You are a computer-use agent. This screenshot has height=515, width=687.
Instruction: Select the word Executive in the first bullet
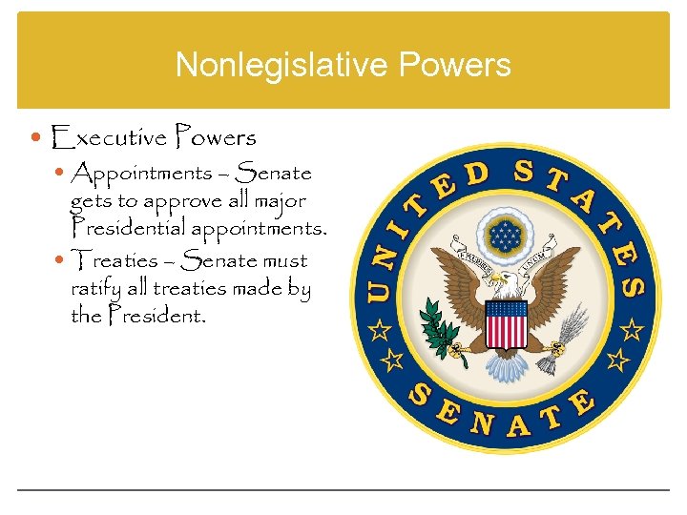pyautogui.click(x=109, y=138)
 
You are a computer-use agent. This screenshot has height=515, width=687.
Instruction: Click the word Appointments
pyautogui.click(x=141, y=174)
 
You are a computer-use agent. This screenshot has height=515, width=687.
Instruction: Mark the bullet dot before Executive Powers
pyautogui.click(x=37, y=138)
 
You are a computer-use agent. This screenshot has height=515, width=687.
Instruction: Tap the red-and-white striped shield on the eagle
pyautogui.click(x=506, y=323)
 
